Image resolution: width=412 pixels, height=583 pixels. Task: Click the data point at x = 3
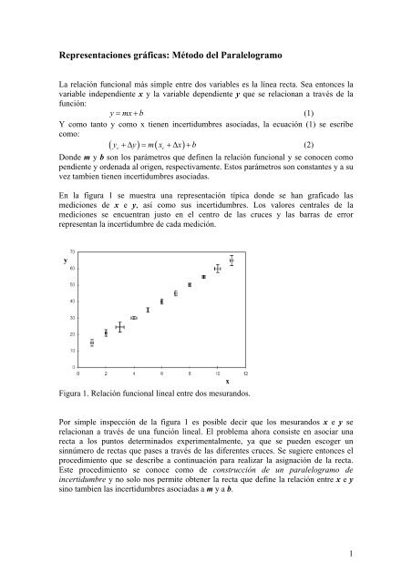click(119, 327)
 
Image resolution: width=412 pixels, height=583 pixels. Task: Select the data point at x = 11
click(232, 261)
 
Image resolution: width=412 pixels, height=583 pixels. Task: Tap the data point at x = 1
click(91, 343)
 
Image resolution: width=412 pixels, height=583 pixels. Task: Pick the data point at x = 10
click(218, 269)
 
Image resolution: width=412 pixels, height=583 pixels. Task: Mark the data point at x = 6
click(161, 302)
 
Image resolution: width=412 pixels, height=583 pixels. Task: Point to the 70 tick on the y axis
click(72, 251)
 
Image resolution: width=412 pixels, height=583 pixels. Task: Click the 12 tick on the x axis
click(245, 373)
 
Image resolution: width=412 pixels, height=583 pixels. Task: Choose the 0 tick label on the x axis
click(78, 373)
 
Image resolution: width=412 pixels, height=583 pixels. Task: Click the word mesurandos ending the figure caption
click(224, 394)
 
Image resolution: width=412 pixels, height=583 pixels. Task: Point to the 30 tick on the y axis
click(72, 317)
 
